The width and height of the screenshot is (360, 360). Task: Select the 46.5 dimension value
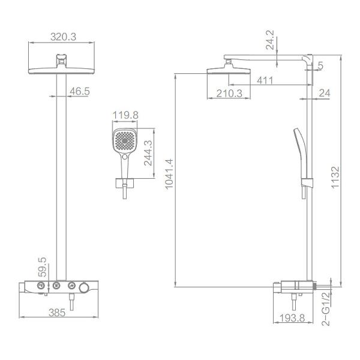point(79,91)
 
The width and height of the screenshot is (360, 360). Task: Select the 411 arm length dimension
point(265,80)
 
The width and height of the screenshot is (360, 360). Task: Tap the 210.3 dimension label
point(226,93)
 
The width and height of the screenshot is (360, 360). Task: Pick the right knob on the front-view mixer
point(72,285)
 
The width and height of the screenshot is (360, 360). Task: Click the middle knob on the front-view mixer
point(57,285)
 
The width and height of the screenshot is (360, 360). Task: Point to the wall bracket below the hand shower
point(124,182)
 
